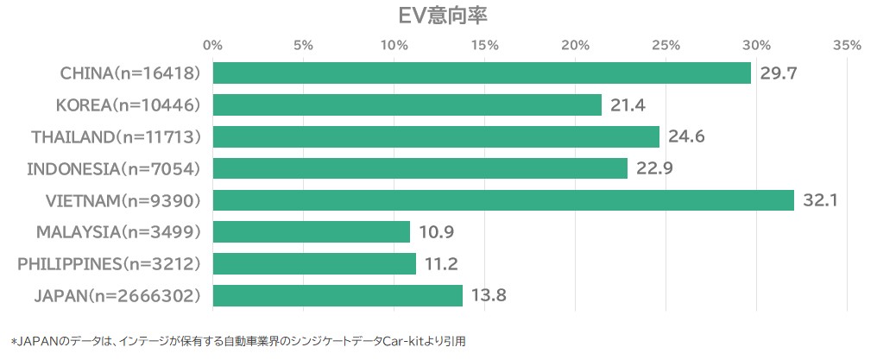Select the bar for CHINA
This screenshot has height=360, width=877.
[x=482, y=73]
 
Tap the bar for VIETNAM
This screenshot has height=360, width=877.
[x=503, y=200]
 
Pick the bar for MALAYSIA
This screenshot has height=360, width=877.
[x=311, y=232]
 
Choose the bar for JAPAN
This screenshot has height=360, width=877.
[x=338, y=296]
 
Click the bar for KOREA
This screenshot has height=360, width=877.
[x=407, y=105]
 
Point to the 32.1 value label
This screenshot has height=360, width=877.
[x=820, y=200]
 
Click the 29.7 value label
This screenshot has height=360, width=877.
[x=778, y=73]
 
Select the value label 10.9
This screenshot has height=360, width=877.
[x=436, y=232]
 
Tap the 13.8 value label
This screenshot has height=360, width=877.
[x=489, y=296]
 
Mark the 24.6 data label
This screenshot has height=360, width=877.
[x=685, y=136]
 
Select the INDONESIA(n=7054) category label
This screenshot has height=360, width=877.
[x=114, y=168]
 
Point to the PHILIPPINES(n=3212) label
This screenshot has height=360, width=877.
[x=110, y=264]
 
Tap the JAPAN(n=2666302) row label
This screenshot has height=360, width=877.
[x=118, y=296]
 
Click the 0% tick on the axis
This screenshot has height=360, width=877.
[x=212, y=45]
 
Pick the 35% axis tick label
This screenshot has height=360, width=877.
[x=847, y=45]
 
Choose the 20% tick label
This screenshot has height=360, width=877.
[x=575, y=45]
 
